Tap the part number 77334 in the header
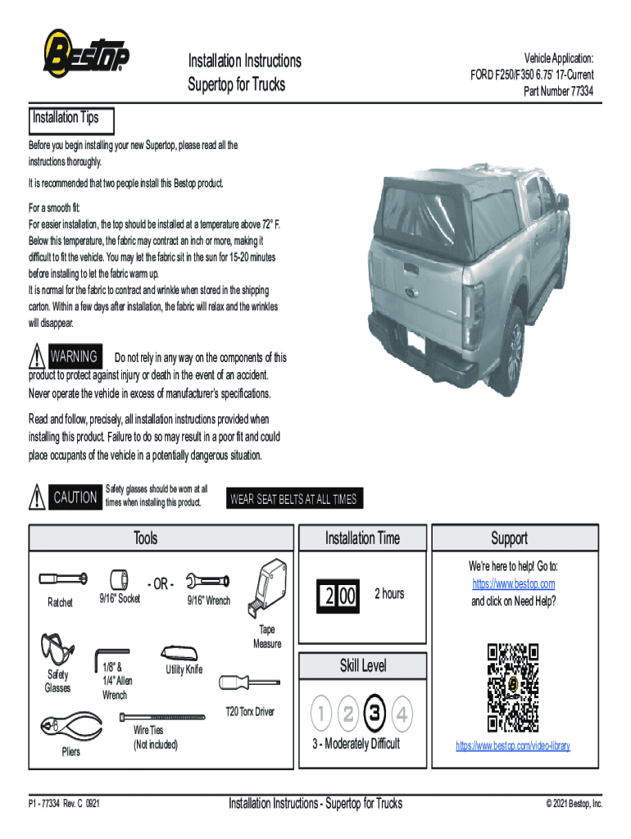(559, 91)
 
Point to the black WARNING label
(75, 357)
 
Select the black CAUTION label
(75, 497)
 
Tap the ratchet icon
(62, 579)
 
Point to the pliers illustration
(70, 728)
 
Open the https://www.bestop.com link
(513, 583)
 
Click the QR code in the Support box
(513, 687)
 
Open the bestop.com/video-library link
(513, 746)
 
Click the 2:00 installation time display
(338, 594)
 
